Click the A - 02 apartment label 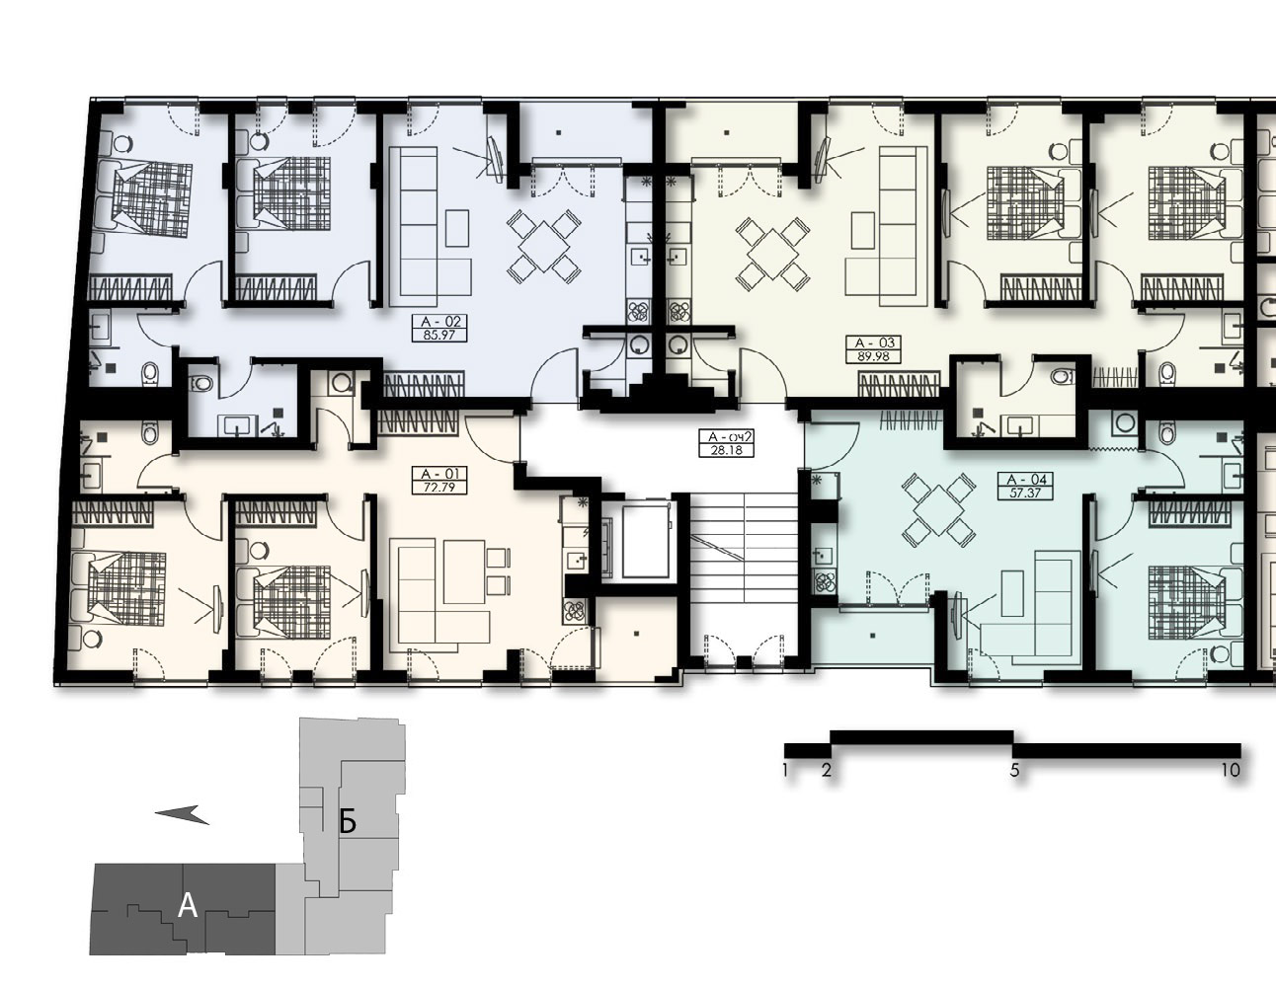(439, 322)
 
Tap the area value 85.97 (439, 336)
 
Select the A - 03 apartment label (874, 342)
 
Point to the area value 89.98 (874, 356)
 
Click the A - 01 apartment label (439, 474)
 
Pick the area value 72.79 (439, 487)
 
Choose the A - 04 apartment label (1026, 480)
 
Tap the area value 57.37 (1026, 493)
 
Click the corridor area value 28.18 (726, 450)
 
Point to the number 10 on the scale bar (1231, 770)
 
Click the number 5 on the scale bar (1014, 770)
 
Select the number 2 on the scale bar (827, 770)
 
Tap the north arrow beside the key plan (182, 814)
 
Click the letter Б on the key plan (348, 822)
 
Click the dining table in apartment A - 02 (544, 247)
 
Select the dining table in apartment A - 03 (772, 254)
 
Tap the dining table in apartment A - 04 (939, 508)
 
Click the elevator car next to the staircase (645, 541)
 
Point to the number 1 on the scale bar (785, 770)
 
